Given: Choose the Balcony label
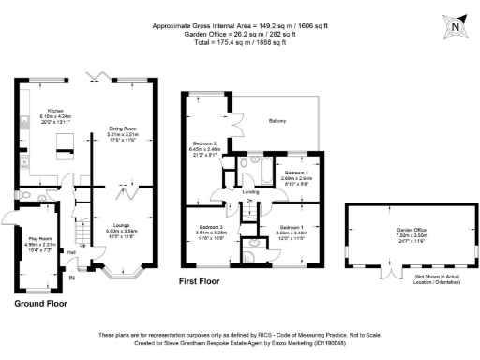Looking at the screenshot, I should [x=277, y=121].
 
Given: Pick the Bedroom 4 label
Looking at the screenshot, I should [x=297, y=175].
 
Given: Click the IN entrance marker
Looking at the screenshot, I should [x=71, y=277].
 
